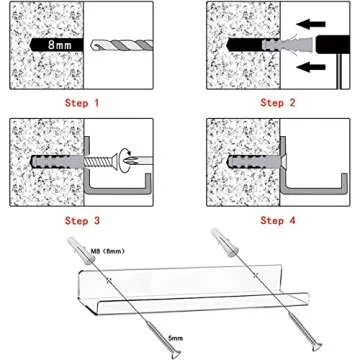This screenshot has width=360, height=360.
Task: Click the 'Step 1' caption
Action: coord(82,103)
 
